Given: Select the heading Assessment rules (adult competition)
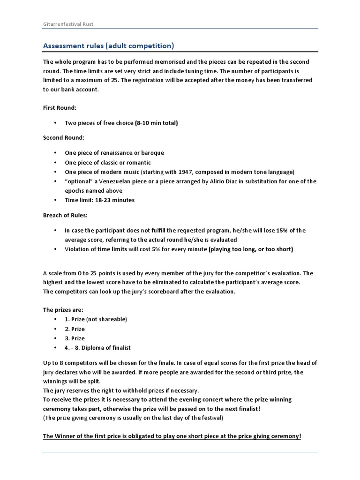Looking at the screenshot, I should tap(108, 46).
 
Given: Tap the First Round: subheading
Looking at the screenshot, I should tap(60, 107).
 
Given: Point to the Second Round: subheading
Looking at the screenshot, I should tap(64, 138).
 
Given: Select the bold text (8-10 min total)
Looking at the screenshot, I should tap(156, 123).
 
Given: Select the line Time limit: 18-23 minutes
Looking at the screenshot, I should tap(99, 200).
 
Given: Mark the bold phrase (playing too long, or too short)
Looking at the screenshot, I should tap(251, 249).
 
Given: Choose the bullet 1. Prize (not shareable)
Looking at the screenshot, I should tap(96, 319).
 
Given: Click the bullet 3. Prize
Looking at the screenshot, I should tap(75, 338).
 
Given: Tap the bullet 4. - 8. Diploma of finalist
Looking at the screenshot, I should tap(97, 347).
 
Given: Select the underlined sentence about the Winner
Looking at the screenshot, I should tap(172, 436).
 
